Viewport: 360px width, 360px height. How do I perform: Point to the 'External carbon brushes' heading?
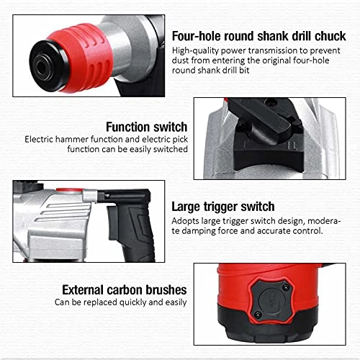(124, 289)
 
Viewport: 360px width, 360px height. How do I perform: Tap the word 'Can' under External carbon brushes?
(63, 302)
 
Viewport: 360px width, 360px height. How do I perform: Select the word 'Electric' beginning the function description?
(40, 138)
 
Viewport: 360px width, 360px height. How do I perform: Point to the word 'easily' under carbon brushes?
(170, 302)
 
